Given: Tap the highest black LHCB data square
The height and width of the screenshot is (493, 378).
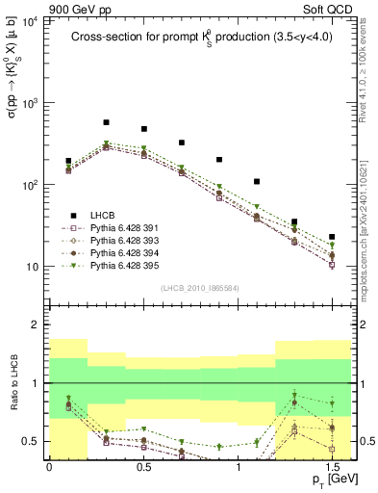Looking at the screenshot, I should [106, 123].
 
